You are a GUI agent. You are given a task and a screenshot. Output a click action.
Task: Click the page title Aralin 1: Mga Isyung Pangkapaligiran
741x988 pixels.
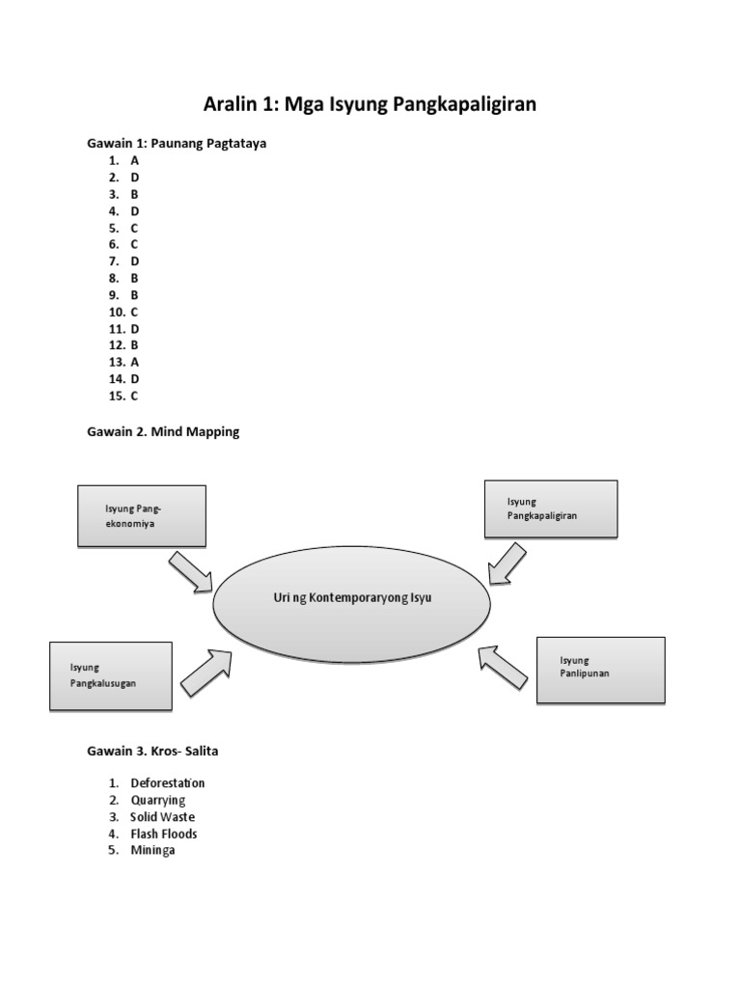[370, 105]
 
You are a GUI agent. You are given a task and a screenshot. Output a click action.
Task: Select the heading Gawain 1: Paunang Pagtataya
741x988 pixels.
[177, 144]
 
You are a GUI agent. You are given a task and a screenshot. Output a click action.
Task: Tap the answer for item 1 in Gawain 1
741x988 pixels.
[135, 161]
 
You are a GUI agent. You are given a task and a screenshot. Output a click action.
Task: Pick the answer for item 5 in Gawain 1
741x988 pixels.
[135, 229]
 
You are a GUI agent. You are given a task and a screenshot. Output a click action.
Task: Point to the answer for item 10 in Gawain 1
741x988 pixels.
[135, 312]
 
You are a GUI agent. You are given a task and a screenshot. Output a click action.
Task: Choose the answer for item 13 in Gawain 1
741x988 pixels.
[135, 362]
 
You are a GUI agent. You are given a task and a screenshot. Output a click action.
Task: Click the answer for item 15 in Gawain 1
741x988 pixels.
[135, 396]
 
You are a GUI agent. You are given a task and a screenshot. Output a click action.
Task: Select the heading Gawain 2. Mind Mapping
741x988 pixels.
[163, 432]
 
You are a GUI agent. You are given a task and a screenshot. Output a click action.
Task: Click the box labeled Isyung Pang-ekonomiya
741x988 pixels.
[142, 515]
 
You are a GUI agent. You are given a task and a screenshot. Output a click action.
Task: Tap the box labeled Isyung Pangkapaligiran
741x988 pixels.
[550, 508]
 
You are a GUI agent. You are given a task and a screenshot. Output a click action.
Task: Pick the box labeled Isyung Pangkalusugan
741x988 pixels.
[110, 675]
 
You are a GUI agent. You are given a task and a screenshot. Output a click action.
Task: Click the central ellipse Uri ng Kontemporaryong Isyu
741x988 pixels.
[351, 599]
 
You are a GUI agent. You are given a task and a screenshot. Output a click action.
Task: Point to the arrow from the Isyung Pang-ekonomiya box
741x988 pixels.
[193, 572]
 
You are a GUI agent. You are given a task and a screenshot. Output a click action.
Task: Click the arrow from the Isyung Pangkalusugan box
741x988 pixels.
[207, 671]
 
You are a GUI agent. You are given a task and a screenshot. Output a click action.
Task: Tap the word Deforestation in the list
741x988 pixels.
[168, 783]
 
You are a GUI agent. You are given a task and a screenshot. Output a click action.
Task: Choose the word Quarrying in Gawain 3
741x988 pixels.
[158, 800]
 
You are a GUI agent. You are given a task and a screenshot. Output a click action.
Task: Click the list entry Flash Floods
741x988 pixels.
[164, 834]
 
